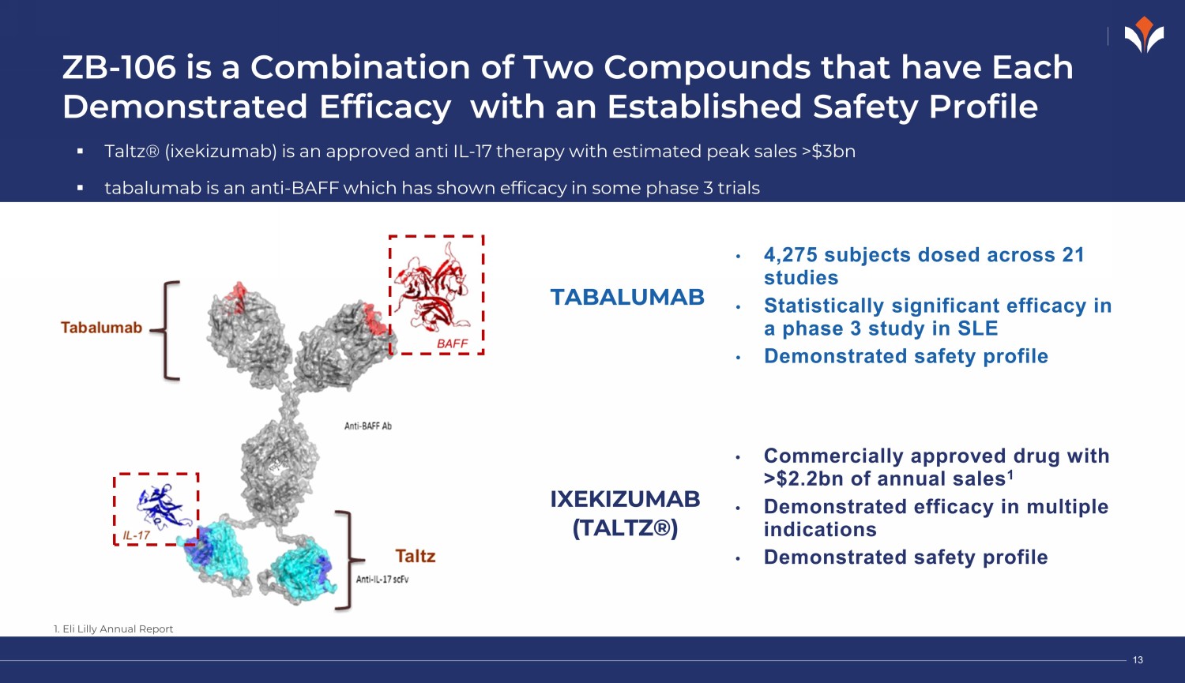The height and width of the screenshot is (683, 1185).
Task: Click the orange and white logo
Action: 1144,35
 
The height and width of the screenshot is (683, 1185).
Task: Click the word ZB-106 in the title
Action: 119,68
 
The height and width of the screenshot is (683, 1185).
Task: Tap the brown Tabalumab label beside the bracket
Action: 102,328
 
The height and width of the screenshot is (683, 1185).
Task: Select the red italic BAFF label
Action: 453,343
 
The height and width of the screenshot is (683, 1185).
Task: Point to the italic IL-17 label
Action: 137,535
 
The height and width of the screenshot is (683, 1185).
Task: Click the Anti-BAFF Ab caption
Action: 368,426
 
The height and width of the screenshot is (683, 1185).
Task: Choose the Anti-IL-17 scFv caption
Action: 382,580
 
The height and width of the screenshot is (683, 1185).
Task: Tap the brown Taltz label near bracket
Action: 416,556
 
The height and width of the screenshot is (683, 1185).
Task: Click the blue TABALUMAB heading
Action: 627,297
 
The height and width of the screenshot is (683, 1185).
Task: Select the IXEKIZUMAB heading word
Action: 626,499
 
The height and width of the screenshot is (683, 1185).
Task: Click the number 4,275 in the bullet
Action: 790,255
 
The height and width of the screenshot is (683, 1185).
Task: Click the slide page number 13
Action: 1138,660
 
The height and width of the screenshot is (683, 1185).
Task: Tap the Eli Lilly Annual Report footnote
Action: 113,629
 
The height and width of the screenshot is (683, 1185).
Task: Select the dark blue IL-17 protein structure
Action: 164,506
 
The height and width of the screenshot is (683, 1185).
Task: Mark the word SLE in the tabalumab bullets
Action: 978,328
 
